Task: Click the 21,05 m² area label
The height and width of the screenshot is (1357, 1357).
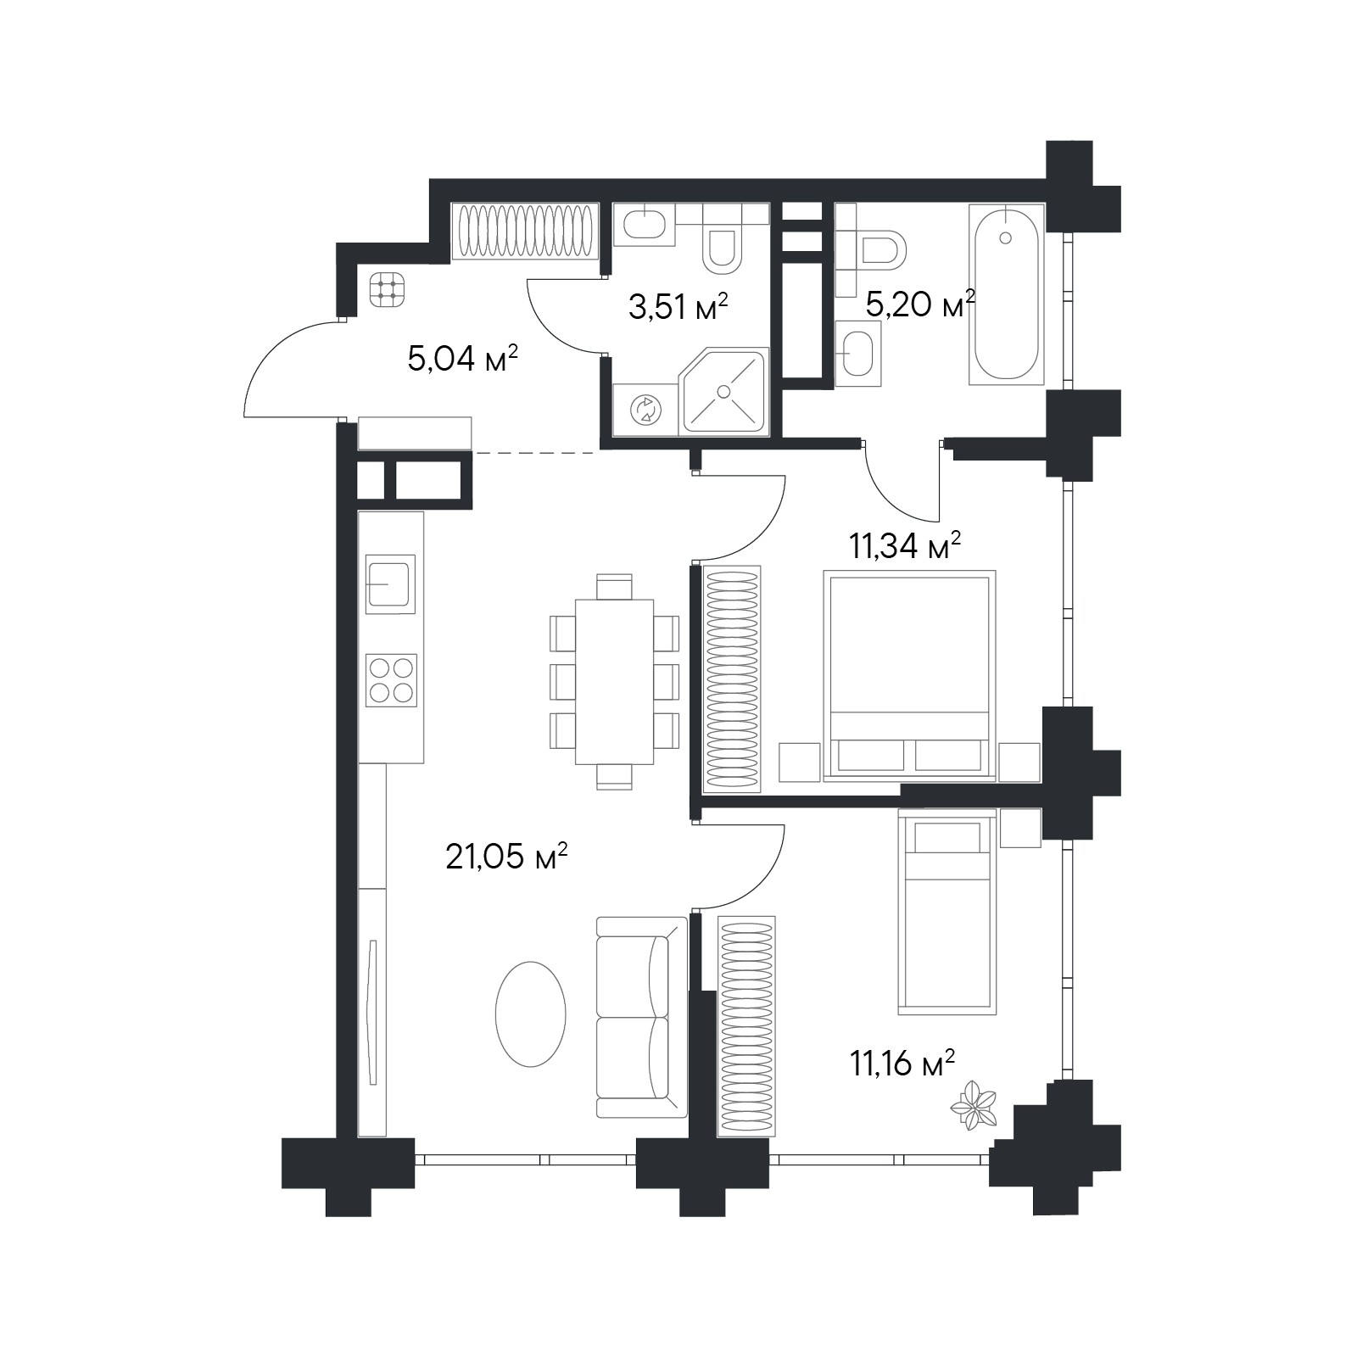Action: [506, 857]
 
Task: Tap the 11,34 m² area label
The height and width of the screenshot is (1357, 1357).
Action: [905, 546]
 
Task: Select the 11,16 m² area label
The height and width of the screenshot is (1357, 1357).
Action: [902, 1063]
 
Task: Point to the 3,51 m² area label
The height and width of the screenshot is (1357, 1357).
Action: [678, 307]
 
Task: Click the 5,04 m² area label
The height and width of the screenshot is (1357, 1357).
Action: [463, 360]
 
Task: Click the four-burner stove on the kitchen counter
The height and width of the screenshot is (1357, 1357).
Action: [391, 680]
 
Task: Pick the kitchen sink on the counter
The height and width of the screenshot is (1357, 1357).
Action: [391, 584]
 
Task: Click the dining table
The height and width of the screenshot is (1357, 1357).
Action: [614, 682]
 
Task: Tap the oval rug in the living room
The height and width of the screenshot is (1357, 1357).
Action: [531, 1014]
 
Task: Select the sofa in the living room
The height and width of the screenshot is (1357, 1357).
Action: [641, 1018]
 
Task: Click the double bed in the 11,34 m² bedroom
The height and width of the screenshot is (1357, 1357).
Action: [909, 675]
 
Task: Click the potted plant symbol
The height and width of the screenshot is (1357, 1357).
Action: [972, 1104]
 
